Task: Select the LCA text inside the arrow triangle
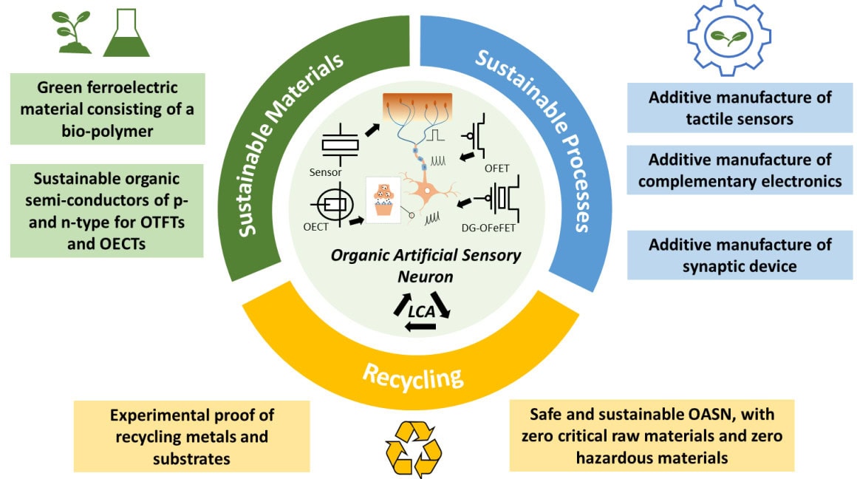coord(420,312)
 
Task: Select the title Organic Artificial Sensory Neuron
coord(426,264)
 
